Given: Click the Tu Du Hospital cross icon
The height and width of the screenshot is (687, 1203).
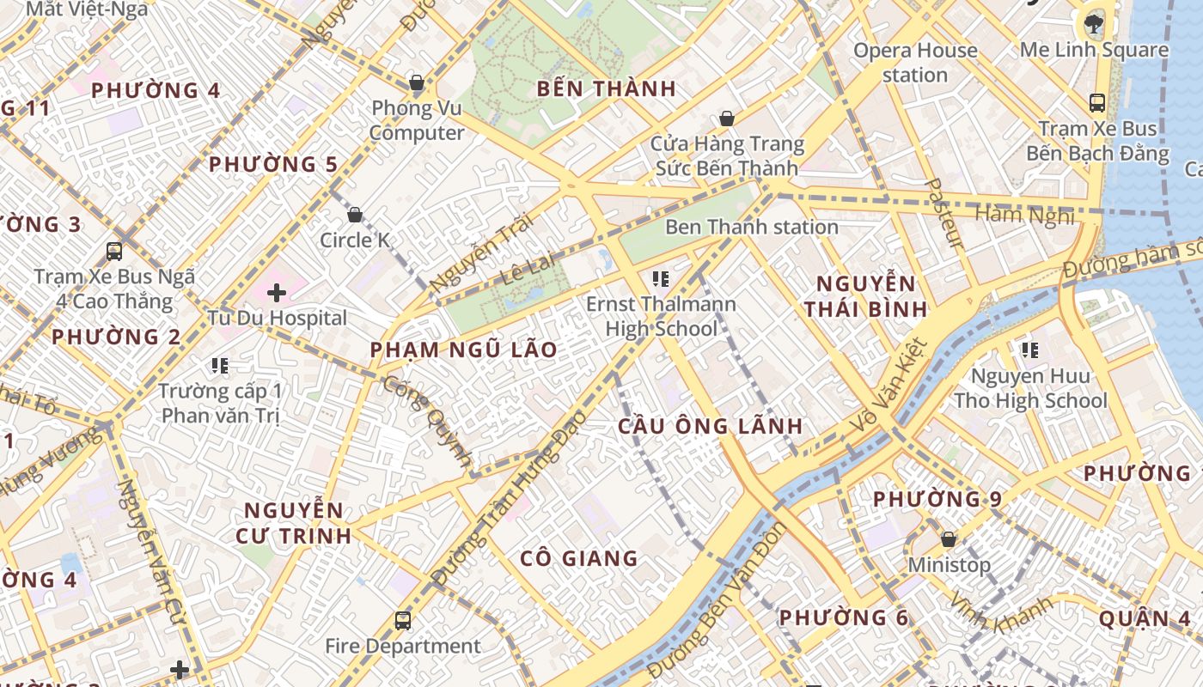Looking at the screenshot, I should (277, 293).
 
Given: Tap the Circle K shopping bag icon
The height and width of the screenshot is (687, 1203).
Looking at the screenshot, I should (355, 215).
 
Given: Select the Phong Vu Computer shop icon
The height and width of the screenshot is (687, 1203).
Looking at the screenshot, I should (417, 83).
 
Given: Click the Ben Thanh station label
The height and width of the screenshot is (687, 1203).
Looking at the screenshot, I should (752, 228).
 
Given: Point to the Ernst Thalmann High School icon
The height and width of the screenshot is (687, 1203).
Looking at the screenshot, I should (661, 278).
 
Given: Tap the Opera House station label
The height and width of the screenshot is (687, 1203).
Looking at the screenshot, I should (915, 63).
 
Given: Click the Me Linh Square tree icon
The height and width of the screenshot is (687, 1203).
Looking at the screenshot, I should (1094, 23).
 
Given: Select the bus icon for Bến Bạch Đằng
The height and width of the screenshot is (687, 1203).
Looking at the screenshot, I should (1097, 103).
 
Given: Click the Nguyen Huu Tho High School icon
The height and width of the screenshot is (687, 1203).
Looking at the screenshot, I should (1030, 350).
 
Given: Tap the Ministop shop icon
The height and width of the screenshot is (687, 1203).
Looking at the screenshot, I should (949, 539).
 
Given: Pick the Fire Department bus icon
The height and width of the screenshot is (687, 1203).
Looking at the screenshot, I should (402, 620).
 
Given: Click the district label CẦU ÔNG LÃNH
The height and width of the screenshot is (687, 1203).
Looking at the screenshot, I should (711, 426).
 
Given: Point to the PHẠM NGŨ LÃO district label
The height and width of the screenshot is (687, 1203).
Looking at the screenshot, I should (463, 350).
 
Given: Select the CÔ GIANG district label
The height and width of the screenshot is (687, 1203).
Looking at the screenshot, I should (579, 559).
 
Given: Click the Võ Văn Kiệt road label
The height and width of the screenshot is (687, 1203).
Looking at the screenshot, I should (889, 386).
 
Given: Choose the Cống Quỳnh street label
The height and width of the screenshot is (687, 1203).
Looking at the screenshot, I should (427, 421).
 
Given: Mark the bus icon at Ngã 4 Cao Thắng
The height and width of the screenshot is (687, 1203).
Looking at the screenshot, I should (114, 252).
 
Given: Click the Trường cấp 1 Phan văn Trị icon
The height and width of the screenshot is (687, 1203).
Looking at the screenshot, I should (220, 367).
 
